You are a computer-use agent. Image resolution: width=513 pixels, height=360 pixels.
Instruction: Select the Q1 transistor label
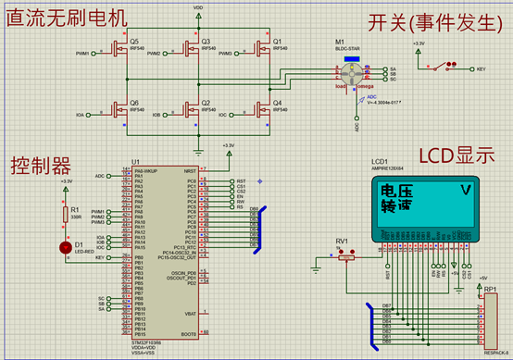tap(277, 42)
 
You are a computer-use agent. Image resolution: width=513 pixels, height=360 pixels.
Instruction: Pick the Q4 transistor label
tap(277, 103)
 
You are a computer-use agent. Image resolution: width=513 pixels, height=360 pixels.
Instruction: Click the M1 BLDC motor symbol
tap(351, 75)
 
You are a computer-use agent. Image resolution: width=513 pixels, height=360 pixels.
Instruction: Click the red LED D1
tap(65, 247)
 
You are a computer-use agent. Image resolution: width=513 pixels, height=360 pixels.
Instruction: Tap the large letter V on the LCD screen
tap(466, 192)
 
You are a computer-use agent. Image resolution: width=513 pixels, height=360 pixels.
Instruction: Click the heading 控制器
tap(40, 166)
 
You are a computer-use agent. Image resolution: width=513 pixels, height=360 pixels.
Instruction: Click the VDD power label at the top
tap(198, 6)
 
